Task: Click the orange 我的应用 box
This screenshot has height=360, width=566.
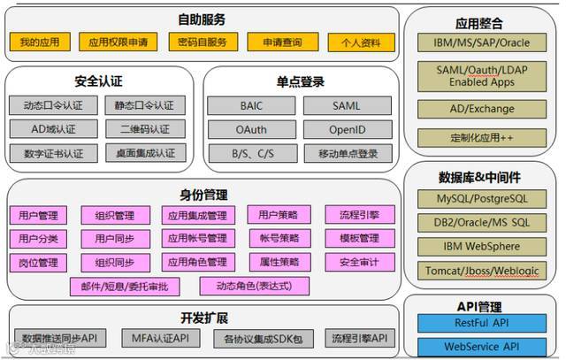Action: pos(39,42)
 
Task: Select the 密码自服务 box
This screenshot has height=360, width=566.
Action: pos(203,42)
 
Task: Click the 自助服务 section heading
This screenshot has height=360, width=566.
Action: pos(202,19)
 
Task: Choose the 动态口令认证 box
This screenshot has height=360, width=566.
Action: pos(53,105)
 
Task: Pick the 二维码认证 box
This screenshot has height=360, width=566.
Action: pos(145,129)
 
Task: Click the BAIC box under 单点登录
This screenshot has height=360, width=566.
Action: pos(250,105)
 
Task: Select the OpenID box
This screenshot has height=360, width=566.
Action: pos(348,129)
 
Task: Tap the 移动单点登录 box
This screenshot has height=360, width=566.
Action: pos(348,153)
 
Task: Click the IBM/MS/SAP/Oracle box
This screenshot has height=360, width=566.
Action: pos(482,42)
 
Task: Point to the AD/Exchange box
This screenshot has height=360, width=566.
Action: pos(482,109)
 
